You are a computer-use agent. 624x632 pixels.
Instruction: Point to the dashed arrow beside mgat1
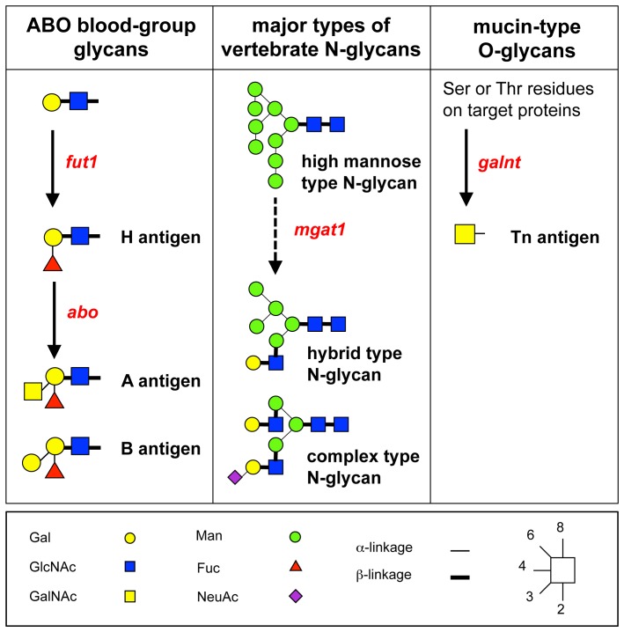pyautogui.click(x=275, y=235)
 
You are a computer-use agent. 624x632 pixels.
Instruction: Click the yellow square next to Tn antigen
pyautogui.click(x=466, y=235)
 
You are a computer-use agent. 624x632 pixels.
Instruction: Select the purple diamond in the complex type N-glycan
pyautogui.click(x=234, y=477)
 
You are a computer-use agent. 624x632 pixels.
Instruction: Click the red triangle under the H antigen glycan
pyautogui.click(x=53, y=262)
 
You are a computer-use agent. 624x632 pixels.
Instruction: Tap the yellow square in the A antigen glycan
pyautogui.click(x=33, y=388)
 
